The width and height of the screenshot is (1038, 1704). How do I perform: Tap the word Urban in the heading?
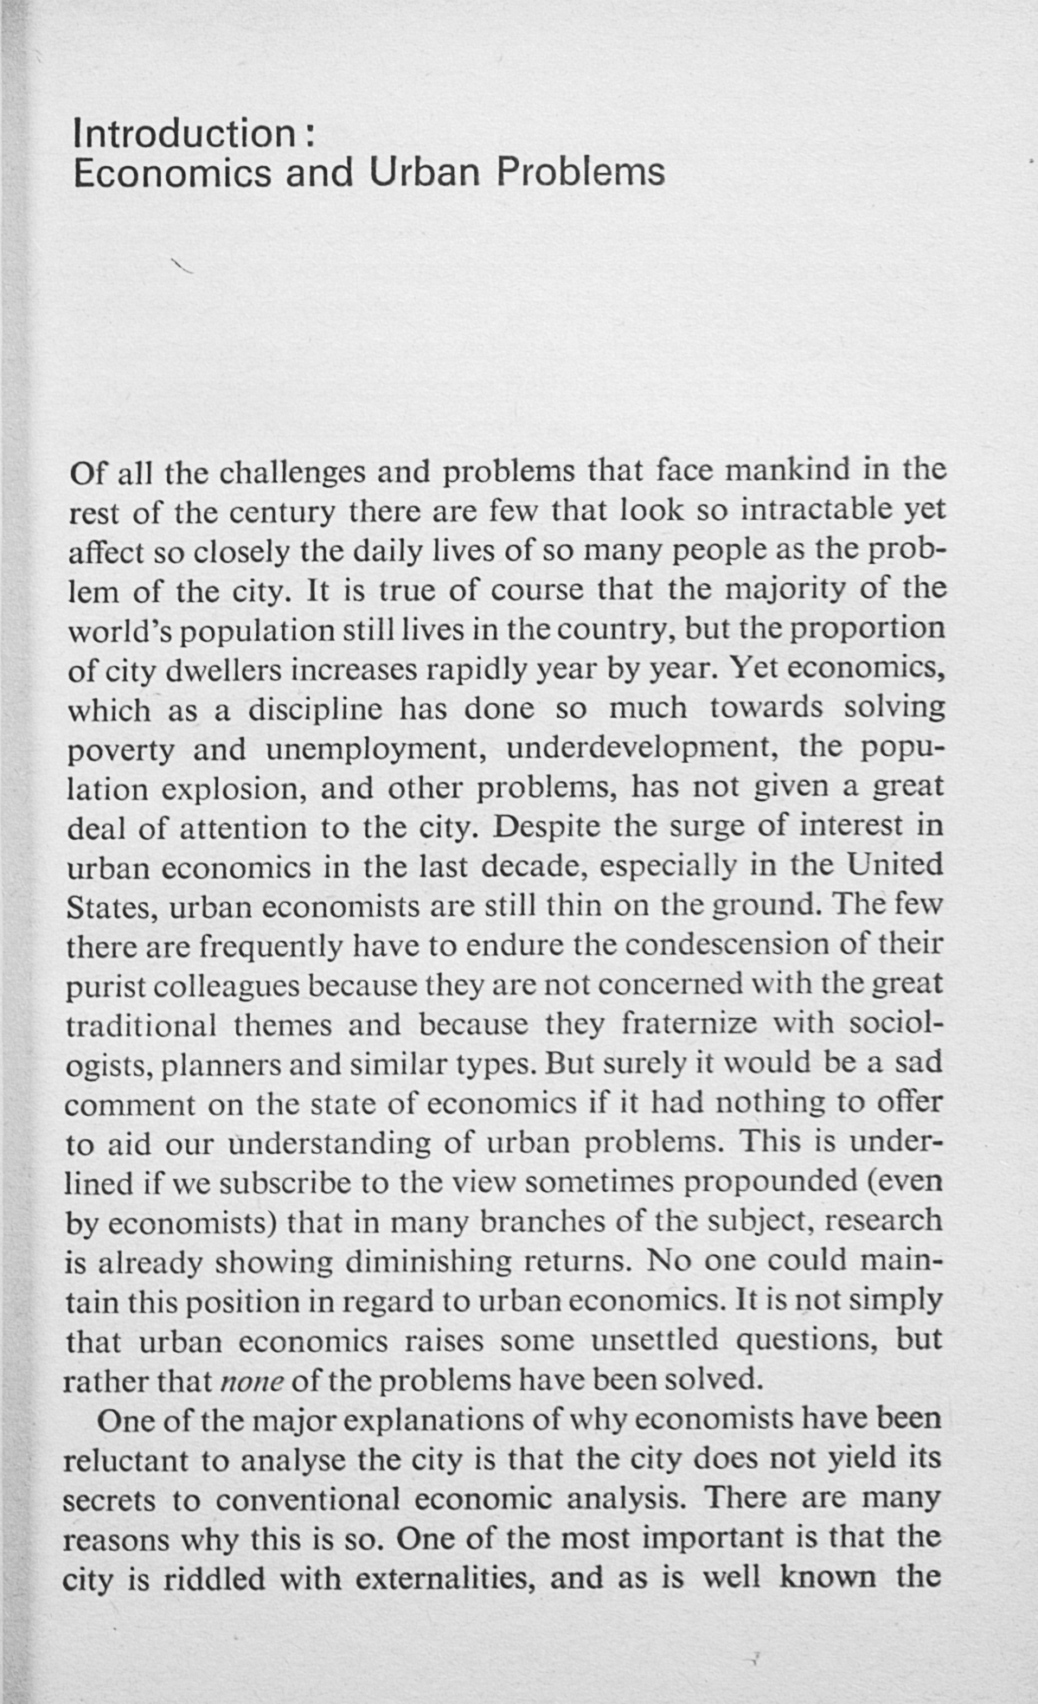click(424, 172)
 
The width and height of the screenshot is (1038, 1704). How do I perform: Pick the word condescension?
click(727, 944)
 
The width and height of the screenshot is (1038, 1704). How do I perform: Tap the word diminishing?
click(428, 1261)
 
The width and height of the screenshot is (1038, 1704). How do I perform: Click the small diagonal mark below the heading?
click(181, 266)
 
